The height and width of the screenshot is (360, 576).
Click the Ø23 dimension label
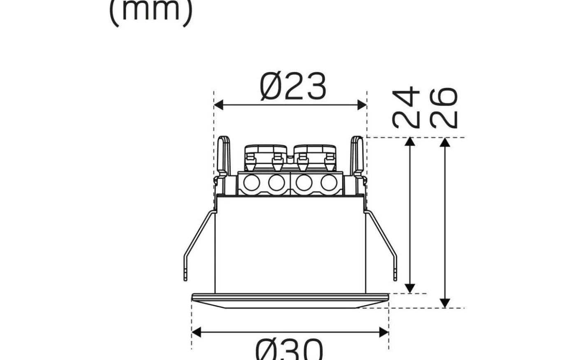coord(293,87)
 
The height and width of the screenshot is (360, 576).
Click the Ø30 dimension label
coord(289,350)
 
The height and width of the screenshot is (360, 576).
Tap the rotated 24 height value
coord(406,107)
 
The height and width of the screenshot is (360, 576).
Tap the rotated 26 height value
coord(444,107)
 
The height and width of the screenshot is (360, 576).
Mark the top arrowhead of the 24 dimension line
coord(410,142)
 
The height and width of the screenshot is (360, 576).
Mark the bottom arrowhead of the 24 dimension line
coord(410,288)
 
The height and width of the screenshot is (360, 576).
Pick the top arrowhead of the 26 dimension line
coord(445,142)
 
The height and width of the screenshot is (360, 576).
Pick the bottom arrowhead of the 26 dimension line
coord(445,303)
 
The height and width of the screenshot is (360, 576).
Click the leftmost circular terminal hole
coord(251,183)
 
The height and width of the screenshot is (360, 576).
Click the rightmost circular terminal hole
coord(329,183)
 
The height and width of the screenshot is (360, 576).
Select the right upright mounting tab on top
coord(357,156)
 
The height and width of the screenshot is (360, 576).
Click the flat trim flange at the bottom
coord(290,301)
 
